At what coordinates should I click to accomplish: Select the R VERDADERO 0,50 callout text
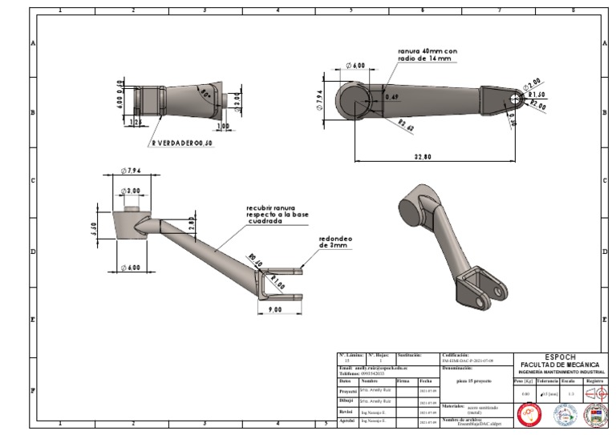182,143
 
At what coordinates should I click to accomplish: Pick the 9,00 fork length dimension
274,309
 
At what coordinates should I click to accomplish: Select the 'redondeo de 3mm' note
335,242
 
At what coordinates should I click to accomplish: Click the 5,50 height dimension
95,229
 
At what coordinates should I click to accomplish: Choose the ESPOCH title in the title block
559,357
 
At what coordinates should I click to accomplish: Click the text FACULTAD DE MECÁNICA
559,365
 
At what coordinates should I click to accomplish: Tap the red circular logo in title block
529,414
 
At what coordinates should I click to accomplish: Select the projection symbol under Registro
594,393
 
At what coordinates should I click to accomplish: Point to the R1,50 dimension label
537,95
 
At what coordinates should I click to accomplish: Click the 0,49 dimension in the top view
392,97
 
